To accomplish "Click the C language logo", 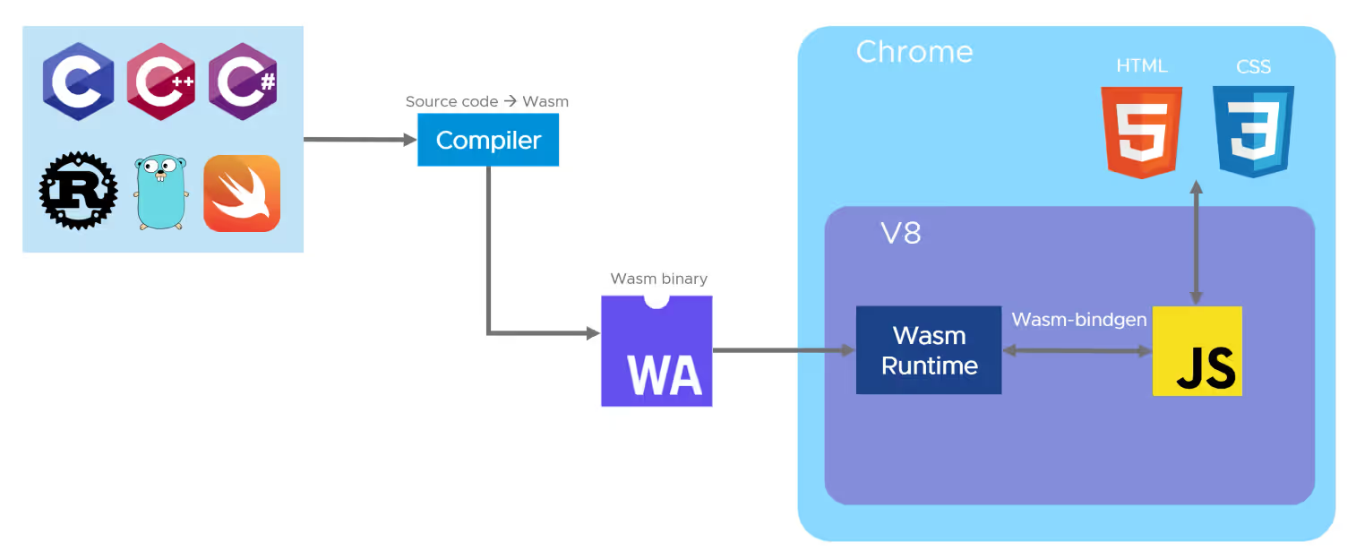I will (x=78, y=82).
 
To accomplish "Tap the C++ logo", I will (x=160, y=82).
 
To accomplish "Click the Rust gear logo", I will (x=78, y=191).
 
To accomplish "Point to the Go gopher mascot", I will (x=160, y=192).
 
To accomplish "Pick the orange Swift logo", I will (x=242, y=193).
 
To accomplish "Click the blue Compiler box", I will (x=488, y=141).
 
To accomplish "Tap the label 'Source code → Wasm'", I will (x=486, y=101).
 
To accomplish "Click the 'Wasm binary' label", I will (x=658, y=279).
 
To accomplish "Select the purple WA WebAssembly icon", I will (x=657, y=352).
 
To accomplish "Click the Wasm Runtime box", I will (x=929, y=350).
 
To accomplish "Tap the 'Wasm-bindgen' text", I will (x=1079, y=320).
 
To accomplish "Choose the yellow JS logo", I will (x=1197, y=351).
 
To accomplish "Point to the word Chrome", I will (x=914, y=51).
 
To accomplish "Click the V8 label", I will (x=900, y=235).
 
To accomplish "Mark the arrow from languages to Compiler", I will (x=358, y=140).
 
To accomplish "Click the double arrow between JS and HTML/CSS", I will (x=1196, y=242).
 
